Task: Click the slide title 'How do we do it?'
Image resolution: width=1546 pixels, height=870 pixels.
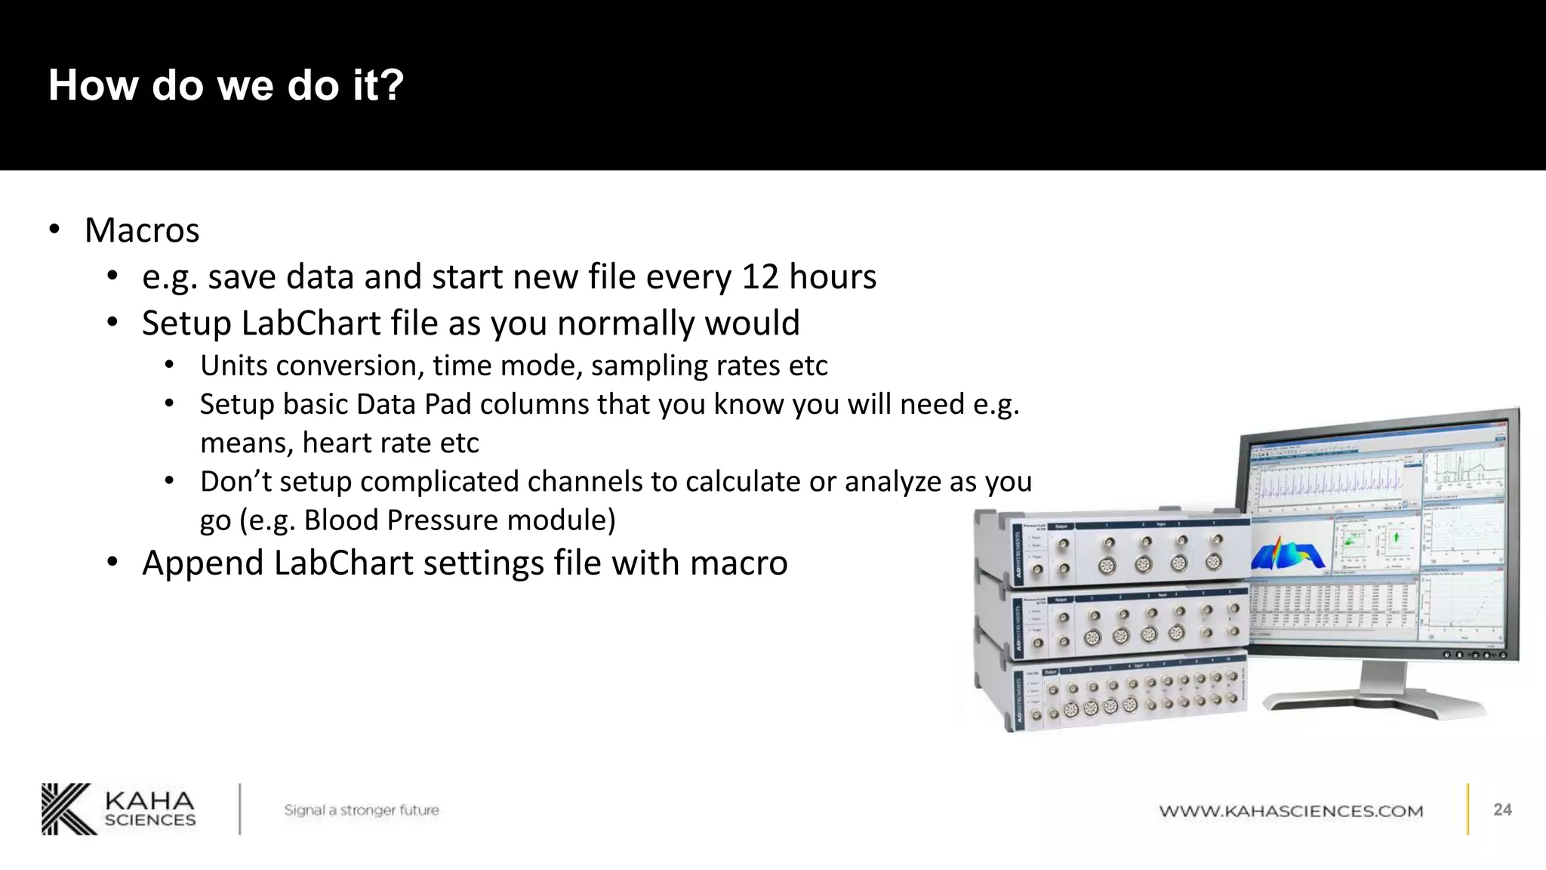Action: [226, 85]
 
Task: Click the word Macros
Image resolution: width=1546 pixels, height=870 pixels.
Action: [142, 230]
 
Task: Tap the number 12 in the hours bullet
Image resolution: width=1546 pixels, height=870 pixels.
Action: [760, 277]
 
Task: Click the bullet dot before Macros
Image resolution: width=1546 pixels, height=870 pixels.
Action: [54, 230]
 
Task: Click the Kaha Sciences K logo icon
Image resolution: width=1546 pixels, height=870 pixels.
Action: [69, 809]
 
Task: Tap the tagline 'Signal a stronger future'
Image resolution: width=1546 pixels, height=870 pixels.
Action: [361, 810]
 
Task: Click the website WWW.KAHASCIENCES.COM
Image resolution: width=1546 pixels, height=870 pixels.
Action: [1291, 811]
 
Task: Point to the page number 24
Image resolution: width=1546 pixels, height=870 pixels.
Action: [1502, 810]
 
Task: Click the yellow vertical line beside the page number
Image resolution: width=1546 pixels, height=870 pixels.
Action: [1468, 809]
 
